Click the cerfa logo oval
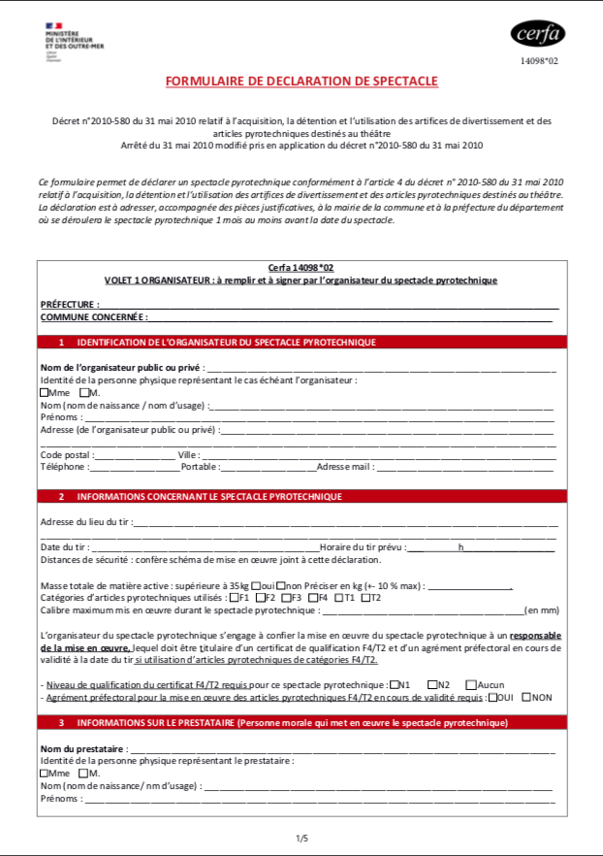[x=538, y=34]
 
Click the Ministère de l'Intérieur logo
[x=74, y=40]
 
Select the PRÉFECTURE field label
[x=69, y=304]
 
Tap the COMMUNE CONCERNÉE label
[x=93, y=316]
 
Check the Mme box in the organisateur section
[x=45, y=392]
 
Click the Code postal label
[x=66, y=454]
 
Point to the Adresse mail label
[x=345, y=466]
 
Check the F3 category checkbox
[x=286, y=597]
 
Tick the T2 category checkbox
[x=365, y=597]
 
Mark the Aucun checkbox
[x=470, y=684]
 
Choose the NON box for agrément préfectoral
[x=526, y=696]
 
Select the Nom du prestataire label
[x=82, y=749]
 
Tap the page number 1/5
[x=301, y=837]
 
